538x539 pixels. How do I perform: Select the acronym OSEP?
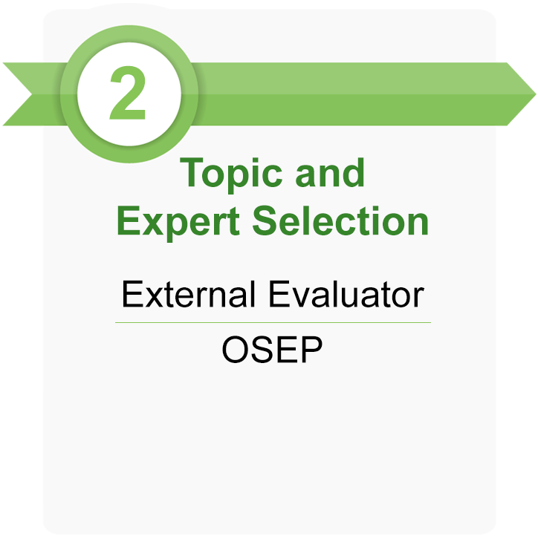click(273, 350)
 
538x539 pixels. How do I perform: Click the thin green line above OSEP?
click(273, 323)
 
